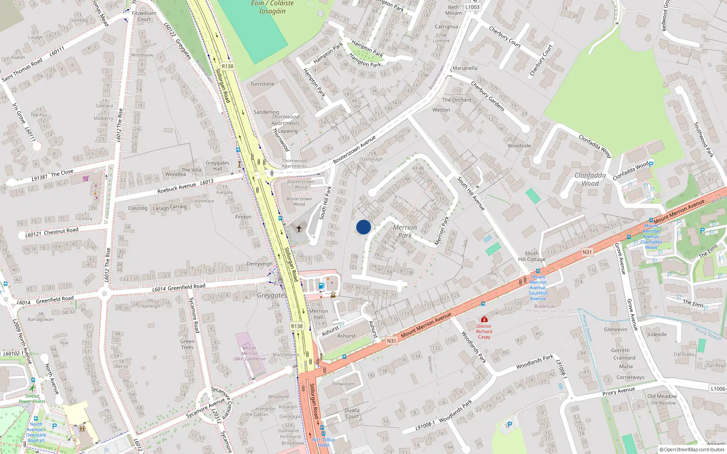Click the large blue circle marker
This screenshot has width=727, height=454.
tap(363, 227)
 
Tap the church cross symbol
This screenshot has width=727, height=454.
tap(299, 228)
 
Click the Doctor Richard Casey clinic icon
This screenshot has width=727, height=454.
tap(484, 320)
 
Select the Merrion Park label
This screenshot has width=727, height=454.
tap(404, 231)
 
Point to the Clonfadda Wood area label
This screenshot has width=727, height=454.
tap(590, 179)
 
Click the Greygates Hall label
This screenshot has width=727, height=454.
tap(217, 166)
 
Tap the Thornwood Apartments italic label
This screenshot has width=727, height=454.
tap(285, 120)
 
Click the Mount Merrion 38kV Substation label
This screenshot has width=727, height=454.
tap(249, 353)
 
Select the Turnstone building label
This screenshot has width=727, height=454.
tap(262, 84)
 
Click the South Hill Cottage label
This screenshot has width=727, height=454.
tap(532, 257)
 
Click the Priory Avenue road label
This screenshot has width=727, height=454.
tap(618, 391)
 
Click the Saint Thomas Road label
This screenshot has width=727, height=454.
tap(22, 70)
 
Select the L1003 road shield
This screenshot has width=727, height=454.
tap(472, 7)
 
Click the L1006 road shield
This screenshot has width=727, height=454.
tap(718, 389)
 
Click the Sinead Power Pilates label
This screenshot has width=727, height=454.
tap(32, 399)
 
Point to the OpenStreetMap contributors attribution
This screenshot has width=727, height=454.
tap(692, 449)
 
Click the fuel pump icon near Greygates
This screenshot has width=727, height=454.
tap(321, 286)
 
